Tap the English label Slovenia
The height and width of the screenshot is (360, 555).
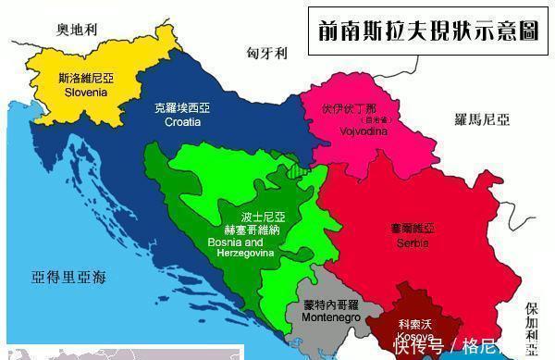click(86, 93)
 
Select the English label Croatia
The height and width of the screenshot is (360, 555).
click(182, 121)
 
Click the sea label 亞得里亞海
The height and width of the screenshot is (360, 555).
click(68, 278)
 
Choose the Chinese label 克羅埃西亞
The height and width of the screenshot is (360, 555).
click(182, 108)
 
